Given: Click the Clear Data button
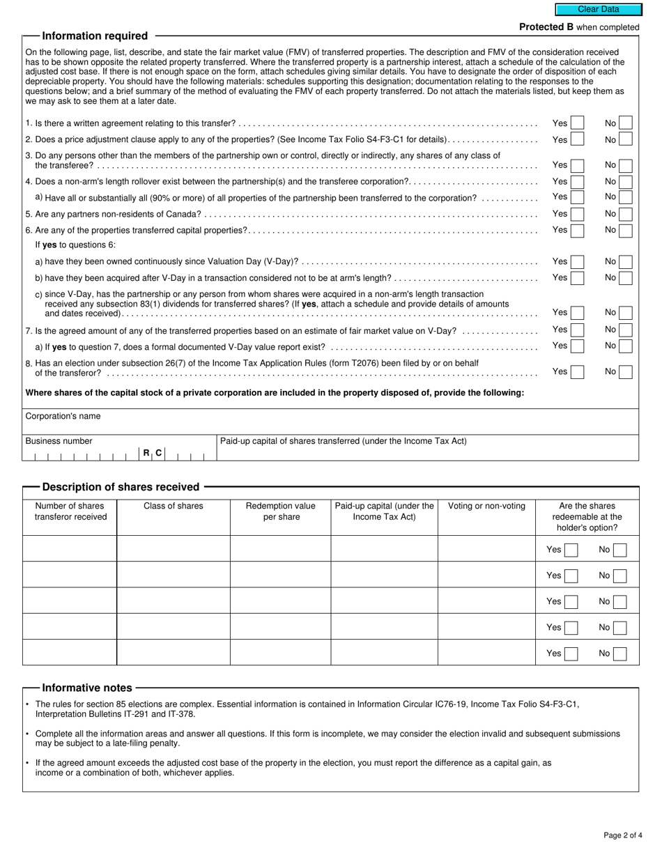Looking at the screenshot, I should pos(598,10).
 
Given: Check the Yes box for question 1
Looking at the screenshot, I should pos(577,123).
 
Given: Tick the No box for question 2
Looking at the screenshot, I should pos(625,139).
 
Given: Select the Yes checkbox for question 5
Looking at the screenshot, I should pos(577,214).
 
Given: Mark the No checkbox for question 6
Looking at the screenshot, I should pos(625,230).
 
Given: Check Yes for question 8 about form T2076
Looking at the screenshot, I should pos(577,371).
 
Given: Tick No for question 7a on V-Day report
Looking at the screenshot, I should pos(625,346).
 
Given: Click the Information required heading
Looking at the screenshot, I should pos(95,36).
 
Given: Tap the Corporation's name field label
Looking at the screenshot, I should pos(63,417).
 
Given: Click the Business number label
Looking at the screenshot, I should pos(59,441).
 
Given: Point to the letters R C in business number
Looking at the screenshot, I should pos(153,453).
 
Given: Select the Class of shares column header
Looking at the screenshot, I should pos(173,506).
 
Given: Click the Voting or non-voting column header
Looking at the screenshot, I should pos(486,506).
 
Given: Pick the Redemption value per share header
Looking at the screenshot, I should pos(281,511).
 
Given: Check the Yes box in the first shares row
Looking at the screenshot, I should pos(571,550).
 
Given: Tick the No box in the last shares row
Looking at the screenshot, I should pos(619,654).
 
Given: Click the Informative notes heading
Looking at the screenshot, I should pos(87,688).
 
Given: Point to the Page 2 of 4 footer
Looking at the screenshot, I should pos(623,835).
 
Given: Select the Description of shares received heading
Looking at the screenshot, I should pos(121,487).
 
